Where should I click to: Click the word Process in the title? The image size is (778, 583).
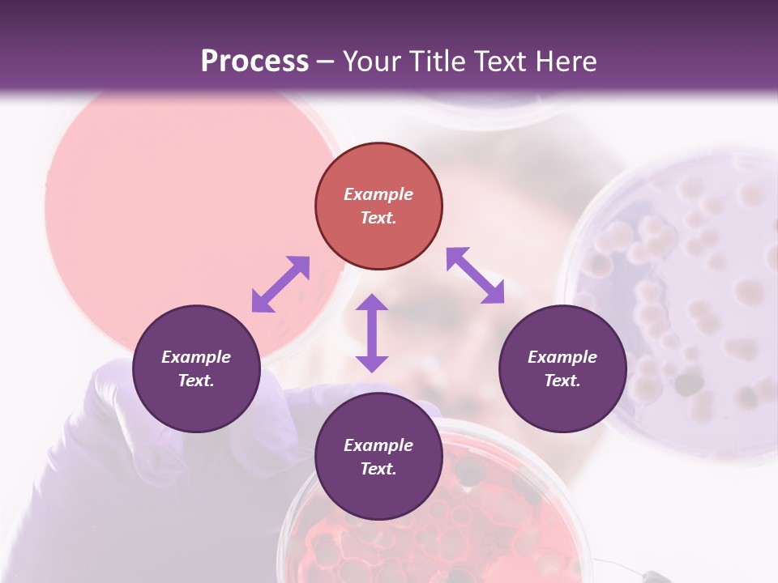coord(254,62)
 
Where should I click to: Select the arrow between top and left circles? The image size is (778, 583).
coord(280,284)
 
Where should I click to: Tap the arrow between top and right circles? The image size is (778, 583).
coord(476,275)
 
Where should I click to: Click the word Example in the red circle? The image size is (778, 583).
coord(378,194)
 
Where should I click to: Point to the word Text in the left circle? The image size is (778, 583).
coord(196,381)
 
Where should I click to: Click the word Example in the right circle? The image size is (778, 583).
coord(562,357)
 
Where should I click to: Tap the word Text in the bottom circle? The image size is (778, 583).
coord(378,469)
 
